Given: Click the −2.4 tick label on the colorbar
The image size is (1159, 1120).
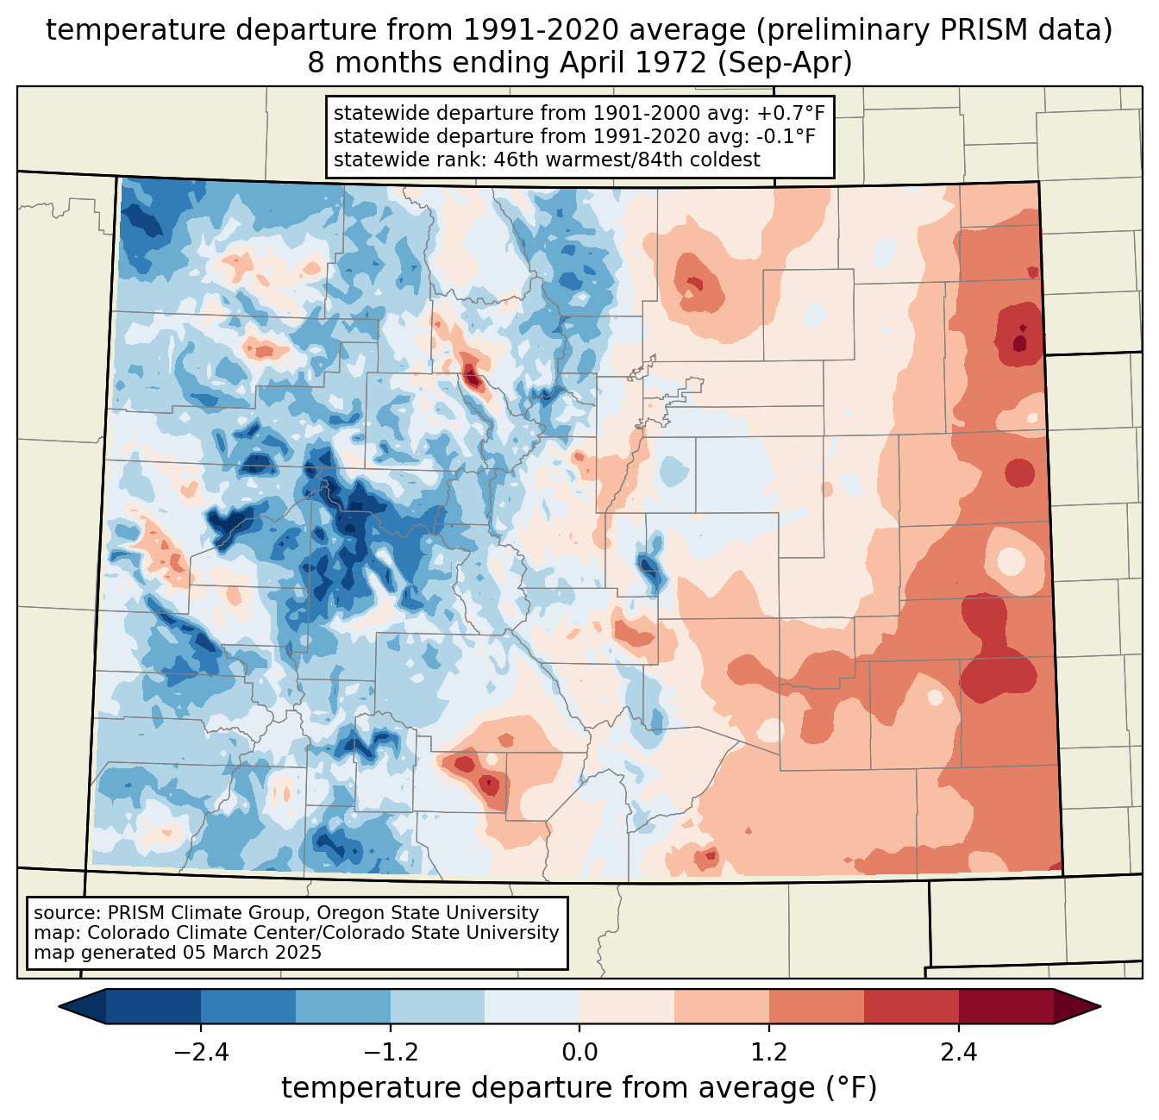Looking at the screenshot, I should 200,1053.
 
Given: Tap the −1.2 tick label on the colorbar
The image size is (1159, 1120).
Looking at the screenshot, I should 390,1053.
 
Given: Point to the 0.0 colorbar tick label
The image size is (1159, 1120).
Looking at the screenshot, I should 579,1053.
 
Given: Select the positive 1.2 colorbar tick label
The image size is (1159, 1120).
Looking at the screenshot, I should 769,1053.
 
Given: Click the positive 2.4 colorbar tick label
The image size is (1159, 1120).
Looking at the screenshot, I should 959,1053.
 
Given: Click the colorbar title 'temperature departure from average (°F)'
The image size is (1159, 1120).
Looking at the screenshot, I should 579,1088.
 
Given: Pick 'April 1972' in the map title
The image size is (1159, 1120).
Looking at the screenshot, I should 632,63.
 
